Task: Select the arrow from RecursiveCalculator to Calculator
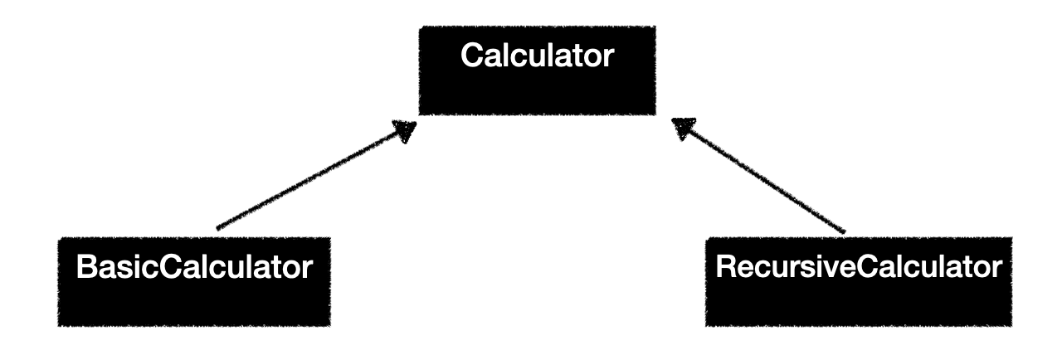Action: coord(759,177)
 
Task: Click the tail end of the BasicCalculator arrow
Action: coord(217,226)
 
